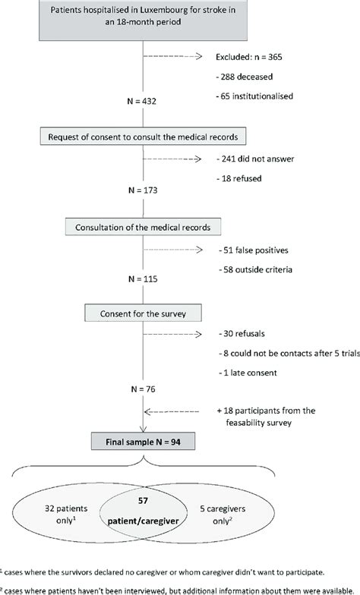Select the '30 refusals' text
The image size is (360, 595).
(242, 334)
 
